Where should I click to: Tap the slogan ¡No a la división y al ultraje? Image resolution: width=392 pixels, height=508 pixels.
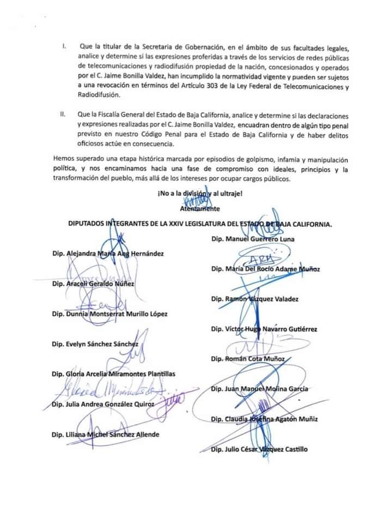[x=200, y=194]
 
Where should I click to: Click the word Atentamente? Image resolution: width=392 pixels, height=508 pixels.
[x=200, y=208]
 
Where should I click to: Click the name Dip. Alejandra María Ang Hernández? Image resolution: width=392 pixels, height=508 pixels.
[x=108, y=253]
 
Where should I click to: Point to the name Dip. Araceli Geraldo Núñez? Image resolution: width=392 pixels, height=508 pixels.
[x=93, y=284]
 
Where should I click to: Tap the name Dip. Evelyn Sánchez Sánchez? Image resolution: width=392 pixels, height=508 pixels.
[x=95, y=344]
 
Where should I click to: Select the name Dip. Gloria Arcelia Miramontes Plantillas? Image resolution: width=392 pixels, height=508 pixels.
[x=117, y=374]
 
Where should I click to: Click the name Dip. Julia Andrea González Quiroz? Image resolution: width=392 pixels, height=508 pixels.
[x=103, y=404]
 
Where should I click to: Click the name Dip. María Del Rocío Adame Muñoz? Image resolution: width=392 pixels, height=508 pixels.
[x=265, y=269]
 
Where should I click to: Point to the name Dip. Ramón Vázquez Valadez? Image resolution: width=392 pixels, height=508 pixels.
[x=254, y=299]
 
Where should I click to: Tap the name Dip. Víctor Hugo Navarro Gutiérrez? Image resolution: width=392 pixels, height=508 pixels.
[x=264, y=329]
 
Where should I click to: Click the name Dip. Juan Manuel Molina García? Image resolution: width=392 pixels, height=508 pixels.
[x=260, y=389]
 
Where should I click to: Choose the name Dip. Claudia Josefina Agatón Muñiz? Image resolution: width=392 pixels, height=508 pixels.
[x=264, y=419]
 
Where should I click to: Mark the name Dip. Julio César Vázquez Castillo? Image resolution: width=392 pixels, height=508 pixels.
[x=259, y=449]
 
